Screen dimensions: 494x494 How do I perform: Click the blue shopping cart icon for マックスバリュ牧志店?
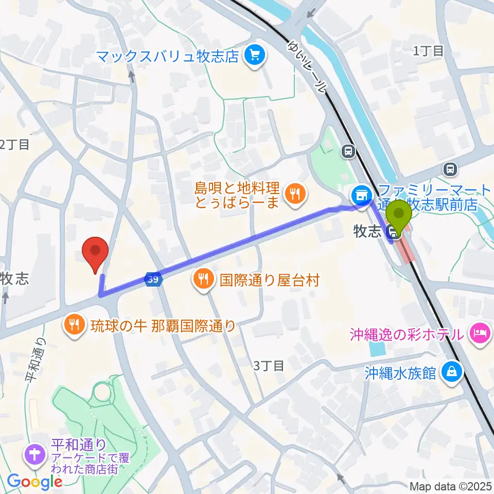pyautogui.click(x=254, y=56)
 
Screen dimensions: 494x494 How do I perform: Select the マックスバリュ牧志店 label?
pyautogui.click(x=168, y=56)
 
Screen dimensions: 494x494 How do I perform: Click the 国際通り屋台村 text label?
pyautogui.click(x=270, y=280)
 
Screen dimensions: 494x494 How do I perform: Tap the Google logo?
pyautogui.click(x=34, y=482)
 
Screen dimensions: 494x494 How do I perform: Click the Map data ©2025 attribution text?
pyautogui.click(x=451, y=486)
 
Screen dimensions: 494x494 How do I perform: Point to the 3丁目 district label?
pyautogui.click(x=269, y=366)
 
